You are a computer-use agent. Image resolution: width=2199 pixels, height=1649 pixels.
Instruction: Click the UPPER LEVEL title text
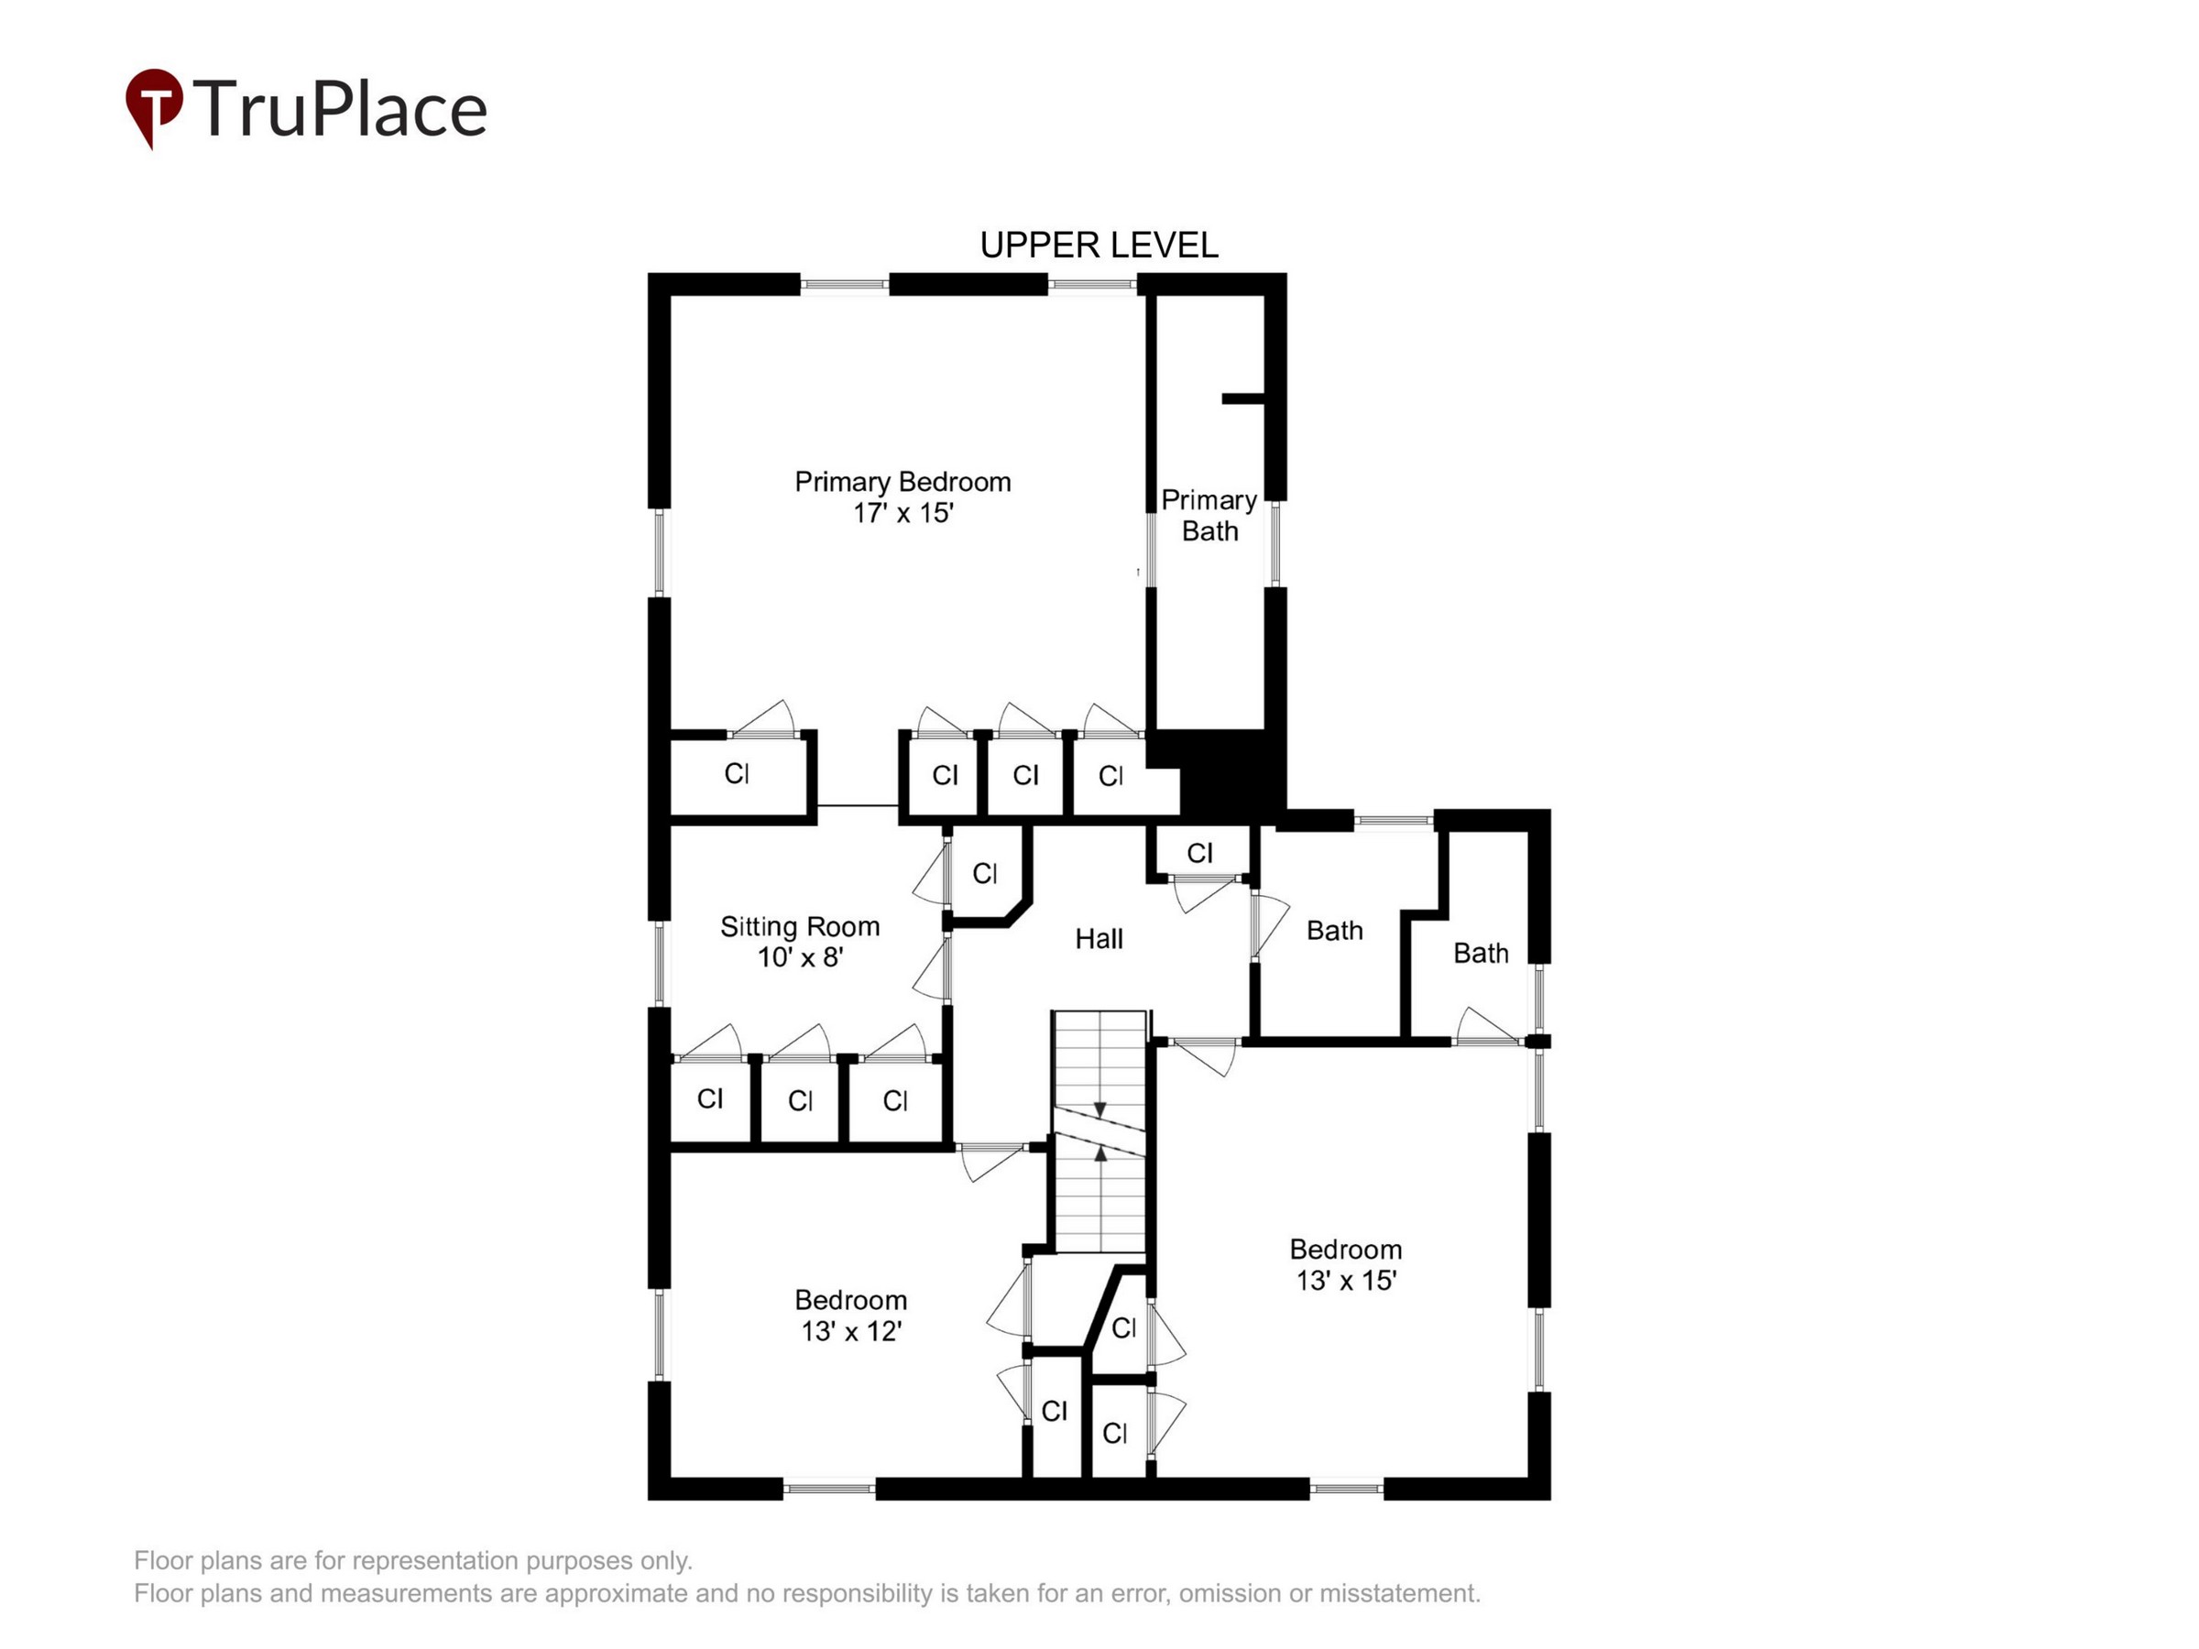click(1099, 246)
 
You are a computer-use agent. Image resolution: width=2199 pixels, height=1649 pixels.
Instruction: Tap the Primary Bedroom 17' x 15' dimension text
click(903, 513)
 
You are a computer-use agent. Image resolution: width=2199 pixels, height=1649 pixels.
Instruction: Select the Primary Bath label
click(1209, 515)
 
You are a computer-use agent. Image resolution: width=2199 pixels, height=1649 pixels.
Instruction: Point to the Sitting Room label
click(800, 926)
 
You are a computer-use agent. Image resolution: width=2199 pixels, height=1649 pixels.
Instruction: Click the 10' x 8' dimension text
click(800, 957)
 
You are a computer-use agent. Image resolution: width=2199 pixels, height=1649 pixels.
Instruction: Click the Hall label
click(1099, 938)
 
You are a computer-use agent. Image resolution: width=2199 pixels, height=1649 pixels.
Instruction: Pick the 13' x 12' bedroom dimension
click(851, 1331)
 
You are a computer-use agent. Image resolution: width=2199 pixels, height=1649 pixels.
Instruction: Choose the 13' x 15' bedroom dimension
click(1346, 1280)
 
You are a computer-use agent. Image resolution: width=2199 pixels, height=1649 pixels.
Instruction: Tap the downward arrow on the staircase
click(1099, 1109)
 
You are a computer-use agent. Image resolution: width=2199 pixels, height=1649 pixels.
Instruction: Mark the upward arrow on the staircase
click(1099, 1153)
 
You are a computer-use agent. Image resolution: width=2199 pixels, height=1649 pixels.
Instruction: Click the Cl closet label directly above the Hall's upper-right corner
click(1200, 853)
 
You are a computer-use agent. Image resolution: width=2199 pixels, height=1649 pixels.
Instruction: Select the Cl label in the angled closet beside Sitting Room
click(984, 873)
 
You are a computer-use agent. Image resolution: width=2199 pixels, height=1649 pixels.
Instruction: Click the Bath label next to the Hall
click(1334, 931)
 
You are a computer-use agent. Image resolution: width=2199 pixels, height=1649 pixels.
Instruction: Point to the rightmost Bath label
click(1481, 954)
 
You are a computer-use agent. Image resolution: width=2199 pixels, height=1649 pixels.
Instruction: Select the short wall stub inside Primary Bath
click(1242, 399)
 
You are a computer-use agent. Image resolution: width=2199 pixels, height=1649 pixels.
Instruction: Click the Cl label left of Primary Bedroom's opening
click(737, 773)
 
